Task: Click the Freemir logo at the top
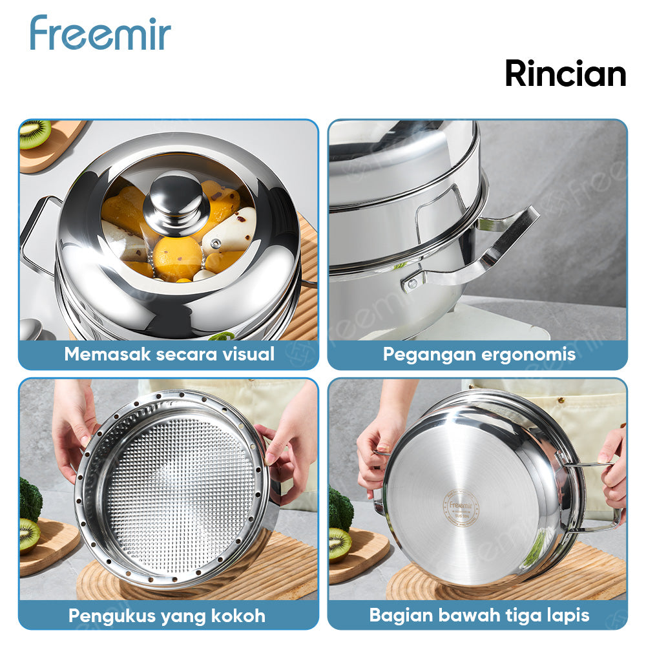tap(100, 33)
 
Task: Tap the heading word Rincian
tap(565, 74)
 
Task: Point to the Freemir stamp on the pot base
tap(461, 506)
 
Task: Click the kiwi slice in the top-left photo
tap(35, 133)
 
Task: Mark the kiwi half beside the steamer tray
tap(28, 536)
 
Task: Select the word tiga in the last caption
tap(524, 614)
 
